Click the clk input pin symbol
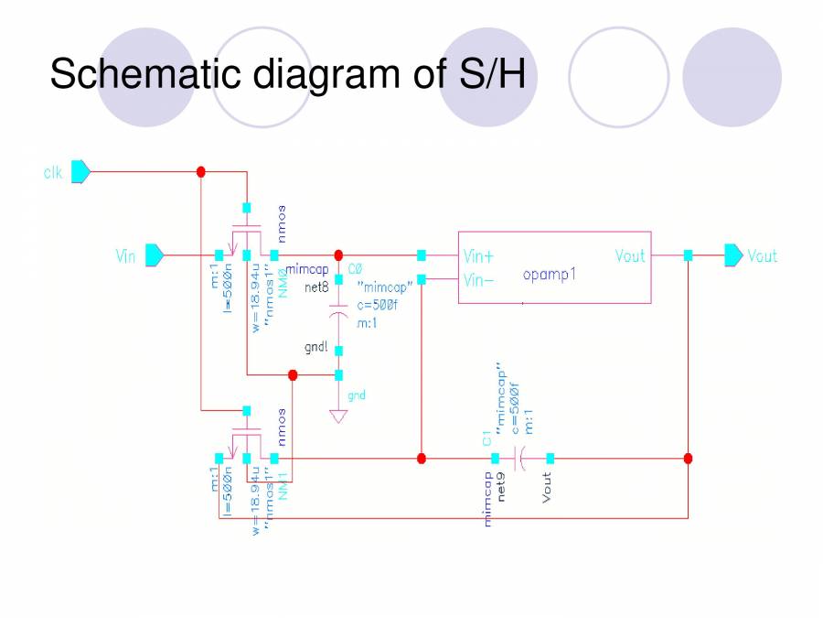pyautogui.click(x=80, y=171)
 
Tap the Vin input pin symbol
pyautogui.click(x=154, y=255)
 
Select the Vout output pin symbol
pyautogui.click(x=734, y=255)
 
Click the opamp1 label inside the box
pyautogui.click(x=550, y=275)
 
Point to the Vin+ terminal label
pyautogui.click(x=479, y=256)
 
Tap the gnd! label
pyautogui.click(x=316, y=349)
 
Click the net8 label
pyautogui.click(x=316, y=287)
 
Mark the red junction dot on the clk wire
pyautogui.click(x=201, y=171)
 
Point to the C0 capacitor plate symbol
pyautogui.click(x=338, y=316)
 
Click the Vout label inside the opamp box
pyautogui.click(x=629, y=256)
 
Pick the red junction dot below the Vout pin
pyautogui.click(x=688, y=458)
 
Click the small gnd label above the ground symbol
pyautogui.click(x=357, y=396)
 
